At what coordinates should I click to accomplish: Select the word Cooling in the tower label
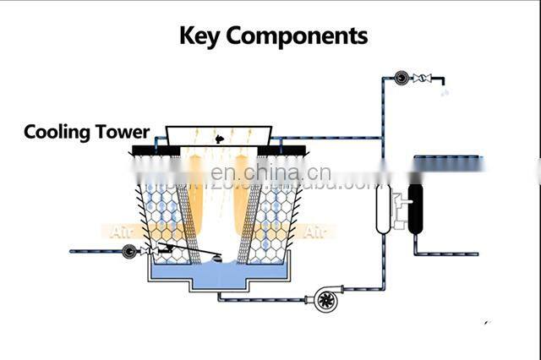click(x=57, y=132)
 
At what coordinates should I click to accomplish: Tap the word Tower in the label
click(x=123, y=132)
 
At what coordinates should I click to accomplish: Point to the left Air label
click(x=122, y=230)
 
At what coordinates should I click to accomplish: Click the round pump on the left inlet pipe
click(x=129, y=251)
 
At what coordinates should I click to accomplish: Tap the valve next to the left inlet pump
click(x=149, y=251)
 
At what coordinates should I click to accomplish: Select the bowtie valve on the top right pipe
click(x=429, y=79)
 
